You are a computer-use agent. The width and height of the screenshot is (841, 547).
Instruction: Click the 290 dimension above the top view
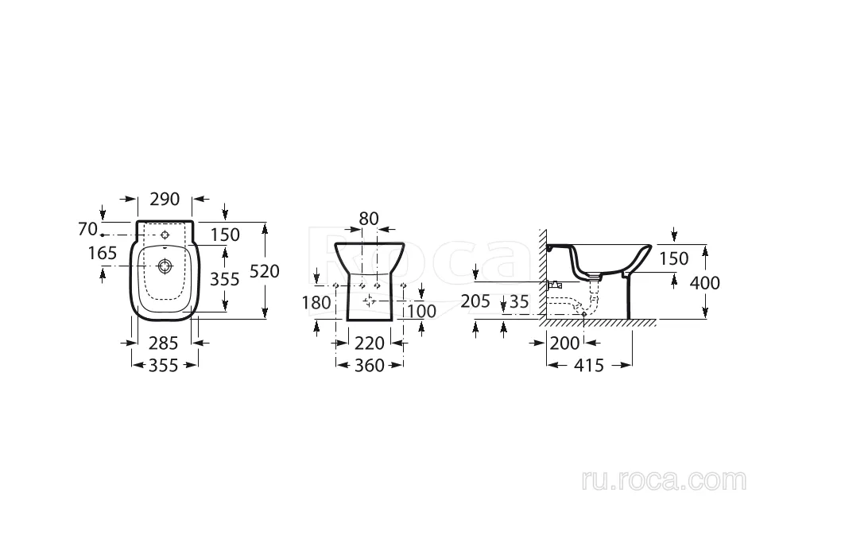pos(165,199)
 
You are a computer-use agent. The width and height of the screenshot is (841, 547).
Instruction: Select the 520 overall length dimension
pos(265,271)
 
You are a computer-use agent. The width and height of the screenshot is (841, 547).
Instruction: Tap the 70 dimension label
pos(88,229)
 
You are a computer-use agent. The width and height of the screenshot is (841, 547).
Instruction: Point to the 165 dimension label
pos(103,253)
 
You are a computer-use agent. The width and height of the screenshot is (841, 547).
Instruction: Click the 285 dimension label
pos(163,343)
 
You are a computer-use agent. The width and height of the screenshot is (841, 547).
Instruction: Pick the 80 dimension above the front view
pos(369,219)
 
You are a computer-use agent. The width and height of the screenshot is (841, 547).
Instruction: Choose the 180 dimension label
pos(316,302)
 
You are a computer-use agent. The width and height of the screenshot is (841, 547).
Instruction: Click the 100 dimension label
pos(421,311)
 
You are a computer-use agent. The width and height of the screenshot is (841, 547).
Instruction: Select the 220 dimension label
pos(370,343)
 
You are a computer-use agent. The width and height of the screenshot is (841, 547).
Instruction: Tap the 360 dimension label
pos(370,365)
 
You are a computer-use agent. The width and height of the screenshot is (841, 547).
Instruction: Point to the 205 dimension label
pos(475,301)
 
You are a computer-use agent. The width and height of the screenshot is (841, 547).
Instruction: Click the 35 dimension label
pos(518,301)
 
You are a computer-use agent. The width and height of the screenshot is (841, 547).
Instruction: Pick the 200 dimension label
pos(565,343)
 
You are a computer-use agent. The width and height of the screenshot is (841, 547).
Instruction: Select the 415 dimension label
pos(589,365)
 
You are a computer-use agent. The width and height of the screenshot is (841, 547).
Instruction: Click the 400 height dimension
pos(705,282)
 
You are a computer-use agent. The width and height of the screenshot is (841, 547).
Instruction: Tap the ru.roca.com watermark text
pos(664,480)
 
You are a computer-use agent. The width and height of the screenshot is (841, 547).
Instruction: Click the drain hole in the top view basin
pos(165,266)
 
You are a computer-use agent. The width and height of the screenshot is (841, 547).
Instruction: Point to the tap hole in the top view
pos(165,235)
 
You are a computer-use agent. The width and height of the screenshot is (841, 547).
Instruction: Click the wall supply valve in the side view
pos(554,285)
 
